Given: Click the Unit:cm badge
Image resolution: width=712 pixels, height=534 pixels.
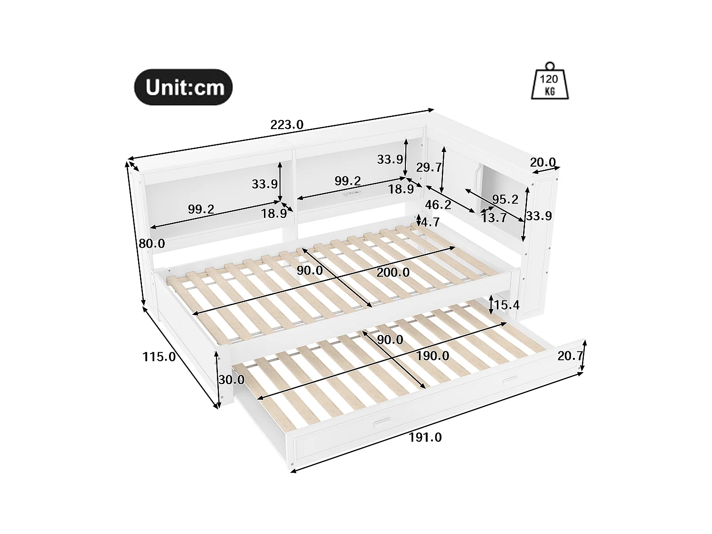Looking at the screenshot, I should pos(184,87).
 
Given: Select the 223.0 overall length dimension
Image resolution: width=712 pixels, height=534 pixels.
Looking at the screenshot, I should pos(287,125).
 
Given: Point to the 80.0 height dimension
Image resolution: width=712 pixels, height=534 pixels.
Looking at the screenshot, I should pos(152,244).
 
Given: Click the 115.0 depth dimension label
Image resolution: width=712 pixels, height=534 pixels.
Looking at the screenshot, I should pos(159,356).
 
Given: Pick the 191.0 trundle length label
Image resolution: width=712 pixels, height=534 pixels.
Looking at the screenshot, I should pos(425,437).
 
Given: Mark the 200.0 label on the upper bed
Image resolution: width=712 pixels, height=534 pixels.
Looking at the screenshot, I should pos(393,272).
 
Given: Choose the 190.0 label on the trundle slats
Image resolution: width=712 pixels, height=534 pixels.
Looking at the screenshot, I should pos(432,356).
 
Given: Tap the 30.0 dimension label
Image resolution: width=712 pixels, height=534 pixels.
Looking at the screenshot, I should pos(231,380).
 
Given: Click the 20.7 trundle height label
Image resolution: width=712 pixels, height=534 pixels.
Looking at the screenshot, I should pos(570,356).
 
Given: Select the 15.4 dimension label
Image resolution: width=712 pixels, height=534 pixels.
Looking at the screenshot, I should pos(506,305).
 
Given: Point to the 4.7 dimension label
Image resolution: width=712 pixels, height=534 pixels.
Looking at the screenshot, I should pos(430,222).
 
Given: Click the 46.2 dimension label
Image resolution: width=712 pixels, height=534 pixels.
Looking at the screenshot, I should pos(438,205).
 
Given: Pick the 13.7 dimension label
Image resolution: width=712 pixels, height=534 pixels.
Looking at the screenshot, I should pos(494,218).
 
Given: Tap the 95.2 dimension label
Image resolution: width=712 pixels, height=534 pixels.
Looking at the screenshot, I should pos(505,199).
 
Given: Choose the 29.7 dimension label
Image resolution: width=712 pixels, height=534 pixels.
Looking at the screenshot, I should pos(429,167).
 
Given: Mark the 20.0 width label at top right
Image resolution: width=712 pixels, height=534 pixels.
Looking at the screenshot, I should pos(543,162).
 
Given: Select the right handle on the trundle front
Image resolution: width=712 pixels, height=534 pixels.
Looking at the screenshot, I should pos(510,379).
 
